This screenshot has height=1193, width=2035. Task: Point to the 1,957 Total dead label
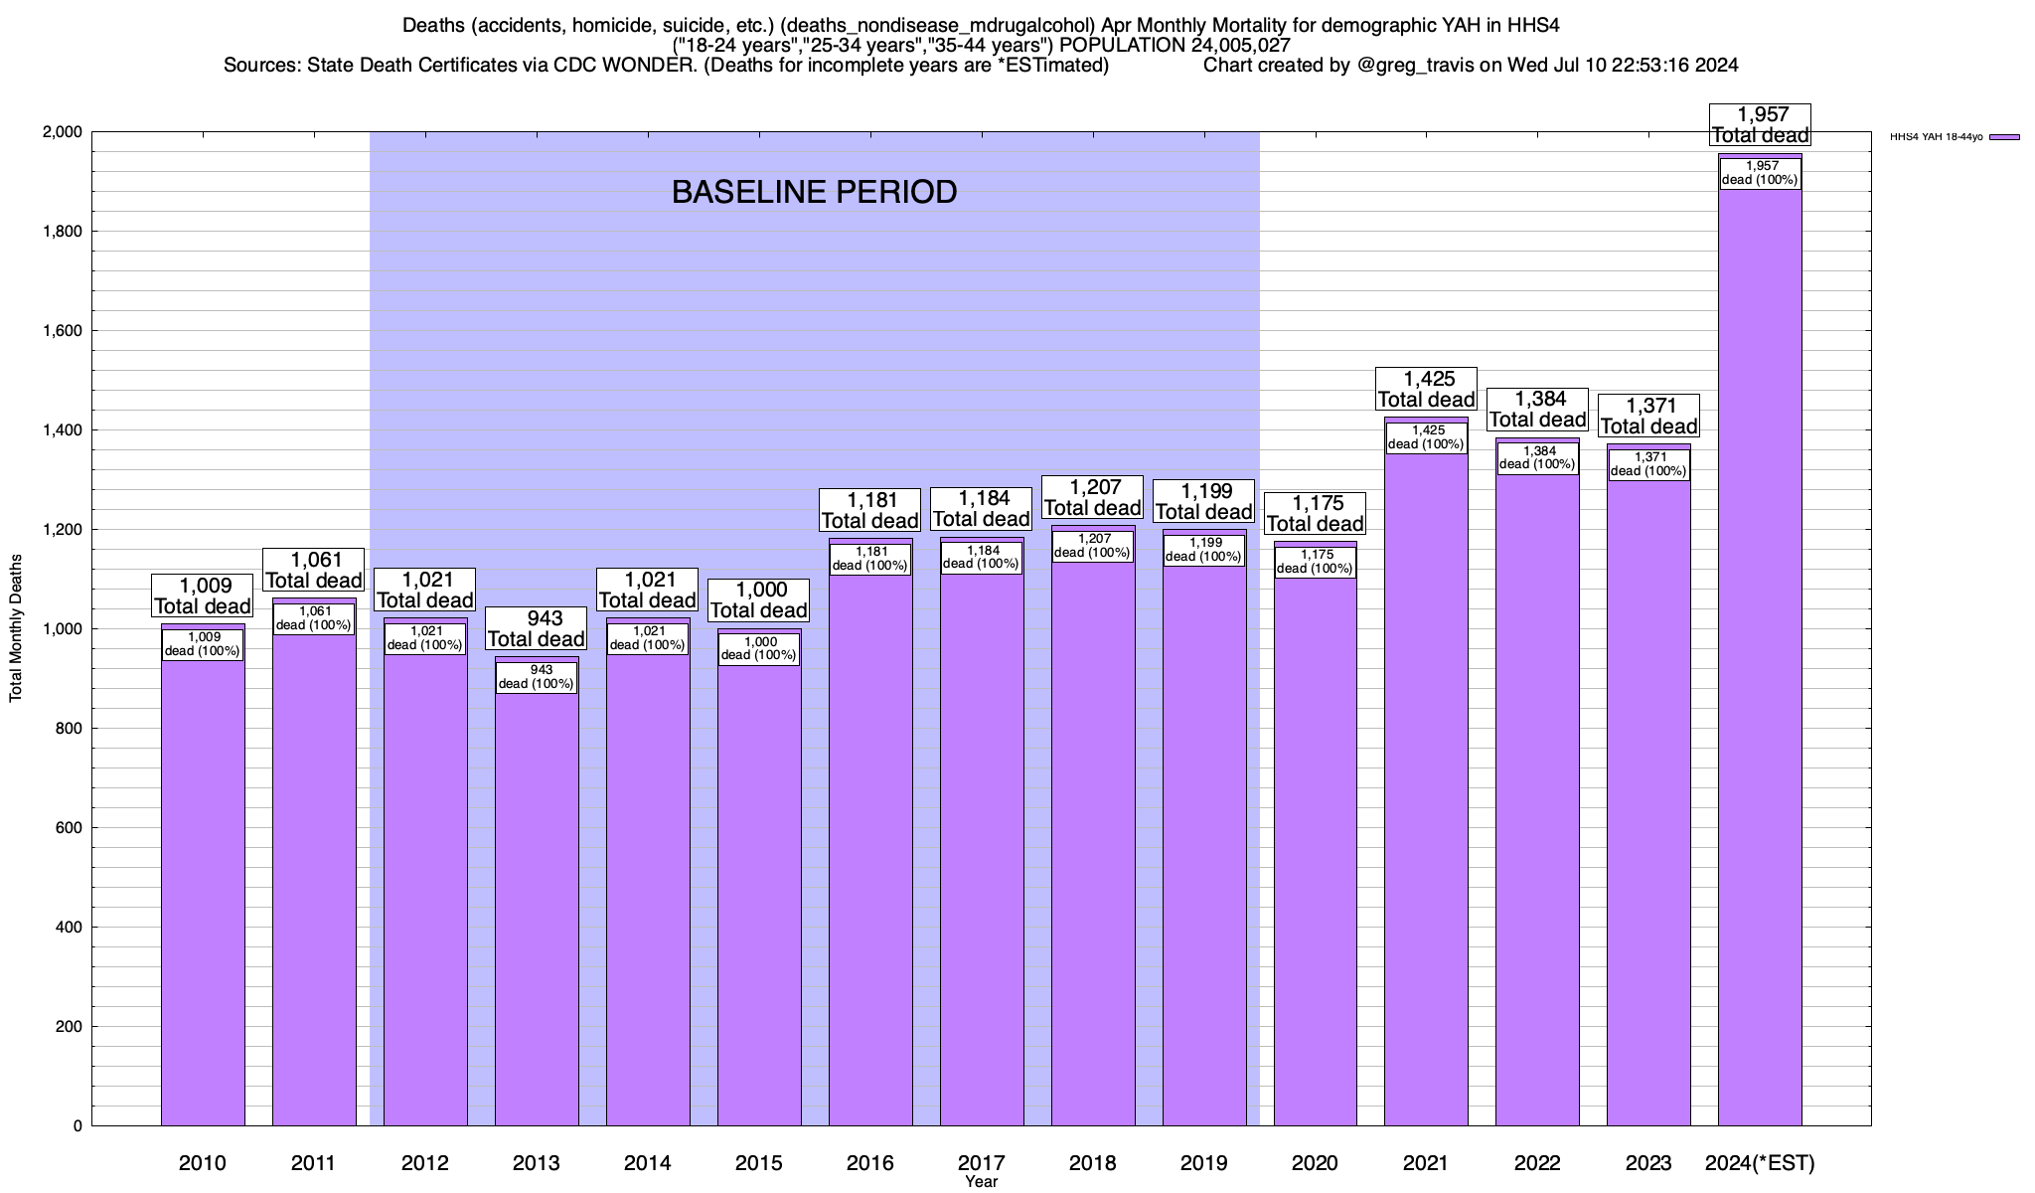tap(1760, 125)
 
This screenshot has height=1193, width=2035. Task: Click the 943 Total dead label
tap(537, 628)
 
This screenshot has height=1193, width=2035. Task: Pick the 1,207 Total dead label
tap(1092, 497)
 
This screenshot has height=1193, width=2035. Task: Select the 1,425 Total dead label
tap(1426, 389)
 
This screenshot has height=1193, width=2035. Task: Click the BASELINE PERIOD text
tap(814, 192)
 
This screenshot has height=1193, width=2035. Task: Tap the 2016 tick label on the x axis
tap(870, 1163)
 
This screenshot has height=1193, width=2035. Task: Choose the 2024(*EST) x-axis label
tap(1760, 1163)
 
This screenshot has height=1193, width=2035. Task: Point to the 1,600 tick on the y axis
tap(62, 331)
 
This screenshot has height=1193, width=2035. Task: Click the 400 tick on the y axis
tap(68, 928)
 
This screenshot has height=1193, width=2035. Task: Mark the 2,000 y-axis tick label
tap(62, 132)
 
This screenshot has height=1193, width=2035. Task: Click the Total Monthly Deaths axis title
tap(16, 627)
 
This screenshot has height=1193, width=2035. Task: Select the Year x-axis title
tap(981, 1182)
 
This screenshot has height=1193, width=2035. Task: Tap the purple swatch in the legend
tap(2004, 137)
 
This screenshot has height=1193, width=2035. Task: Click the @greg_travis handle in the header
tap(1415, 66)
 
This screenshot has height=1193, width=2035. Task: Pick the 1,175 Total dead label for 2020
tap(1315, 513)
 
